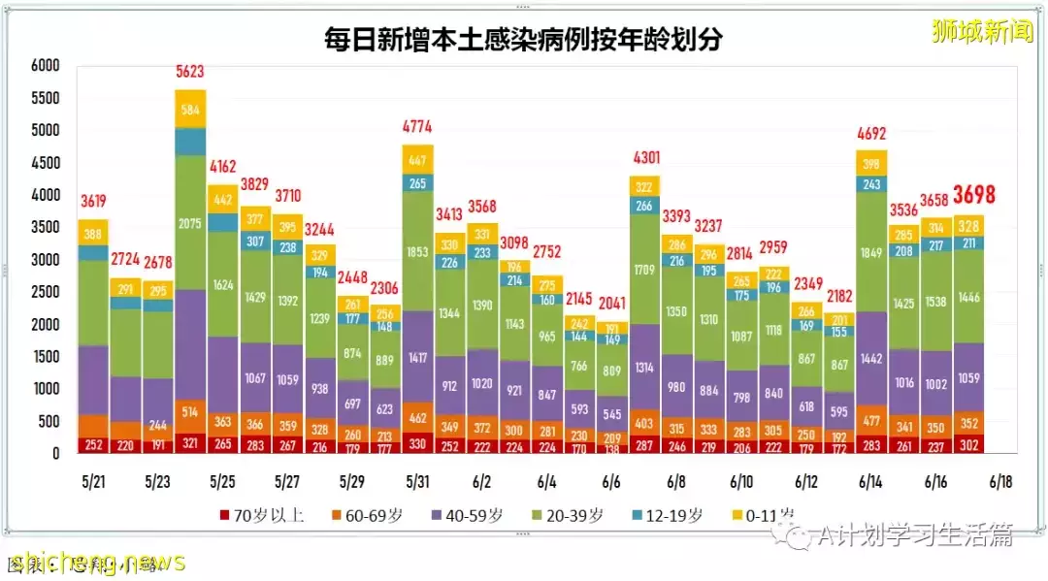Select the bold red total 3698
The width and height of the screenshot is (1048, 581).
click(x=973, y=195)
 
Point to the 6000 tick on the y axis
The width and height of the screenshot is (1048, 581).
click(x=45, y=66)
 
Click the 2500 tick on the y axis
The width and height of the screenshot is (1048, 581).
click(x=45, y=292)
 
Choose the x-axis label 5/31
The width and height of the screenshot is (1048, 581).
click(x=417, y=481)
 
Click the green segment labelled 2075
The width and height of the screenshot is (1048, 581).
click(x=190, y=222)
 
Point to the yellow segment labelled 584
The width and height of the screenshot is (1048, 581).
click(x=190, y=109)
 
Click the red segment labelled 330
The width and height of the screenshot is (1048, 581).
click(x=417, y=442)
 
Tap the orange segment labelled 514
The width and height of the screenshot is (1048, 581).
click(x=190, y=411)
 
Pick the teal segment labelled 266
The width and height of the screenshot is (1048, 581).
click(x=644, y=205)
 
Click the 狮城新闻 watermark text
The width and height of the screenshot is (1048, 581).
click(x=981, y=32)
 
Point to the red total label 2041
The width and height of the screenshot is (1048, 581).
click(x=611, y=302)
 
